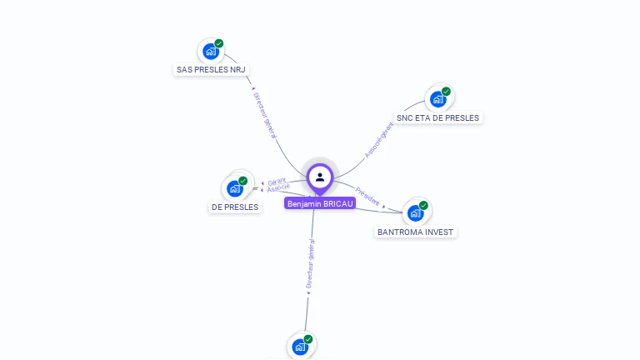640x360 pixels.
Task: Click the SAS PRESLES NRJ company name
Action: [212, 70]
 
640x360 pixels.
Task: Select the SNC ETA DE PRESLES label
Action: [437, 118]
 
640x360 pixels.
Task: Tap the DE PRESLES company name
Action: [234, 207]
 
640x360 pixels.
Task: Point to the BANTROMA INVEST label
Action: [416, 232]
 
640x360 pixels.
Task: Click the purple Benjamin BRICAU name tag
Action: [320, 202]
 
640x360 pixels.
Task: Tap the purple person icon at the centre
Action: [320, 177]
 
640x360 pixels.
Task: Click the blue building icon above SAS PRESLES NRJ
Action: [210, 52]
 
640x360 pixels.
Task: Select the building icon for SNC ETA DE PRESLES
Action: [437, 100]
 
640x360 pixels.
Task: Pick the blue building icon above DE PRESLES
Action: [234, 189]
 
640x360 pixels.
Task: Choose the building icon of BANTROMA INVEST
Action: [414, 213]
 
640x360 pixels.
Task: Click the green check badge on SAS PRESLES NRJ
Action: [219, 43]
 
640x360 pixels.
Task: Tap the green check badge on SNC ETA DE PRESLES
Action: [446, 92]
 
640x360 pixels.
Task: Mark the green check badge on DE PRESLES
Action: [243, 181]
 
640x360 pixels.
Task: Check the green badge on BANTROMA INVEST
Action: [423, 205]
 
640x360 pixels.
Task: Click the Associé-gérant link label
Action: [379, 140]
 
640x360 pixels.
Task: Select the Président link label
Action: [367, 195]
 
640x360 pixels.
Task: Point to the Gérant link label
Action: [277, 181]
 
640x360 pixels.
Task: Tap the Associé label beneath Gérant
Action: [278, 187]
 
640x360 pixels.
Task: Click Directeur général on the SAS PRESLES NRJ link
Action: [265, 121]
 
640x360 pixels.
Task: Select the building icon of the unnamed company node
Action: [300, 347]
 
